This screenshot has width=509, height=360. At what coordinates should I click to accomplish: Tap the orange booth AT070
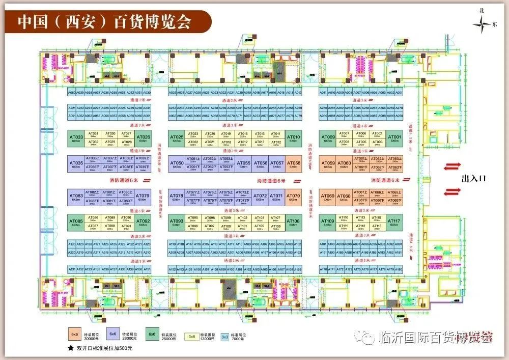coord(293,197)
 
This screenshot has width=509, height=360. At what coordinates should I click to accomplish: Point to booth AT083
coord(76,197)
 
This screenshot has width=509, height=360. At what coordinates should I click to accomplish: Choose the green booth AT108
coord(294,222)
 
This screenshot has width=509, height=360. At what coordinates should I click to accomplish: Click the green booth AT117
coord(394,222)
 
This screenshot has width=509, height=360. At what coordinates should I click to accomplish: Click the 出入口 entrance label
coord(474,179)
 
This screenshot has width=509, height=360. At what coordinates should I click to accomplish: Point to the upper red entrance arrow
coord(453,165)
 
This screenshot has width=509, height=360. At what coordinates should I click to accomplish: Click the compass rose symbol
coord(482,23)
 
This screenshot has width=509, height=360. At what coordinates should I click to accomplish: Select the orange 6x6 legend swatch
coord(75,335)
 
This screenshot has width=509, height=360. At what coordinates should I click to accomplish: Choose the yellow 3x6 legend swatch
coord(192,336)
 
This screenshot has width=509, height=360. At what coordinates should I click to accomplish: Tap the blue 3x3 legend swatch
coord(224,337)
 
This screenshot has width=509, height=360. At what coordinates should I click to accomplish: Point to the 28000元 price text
coord(130,338)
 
